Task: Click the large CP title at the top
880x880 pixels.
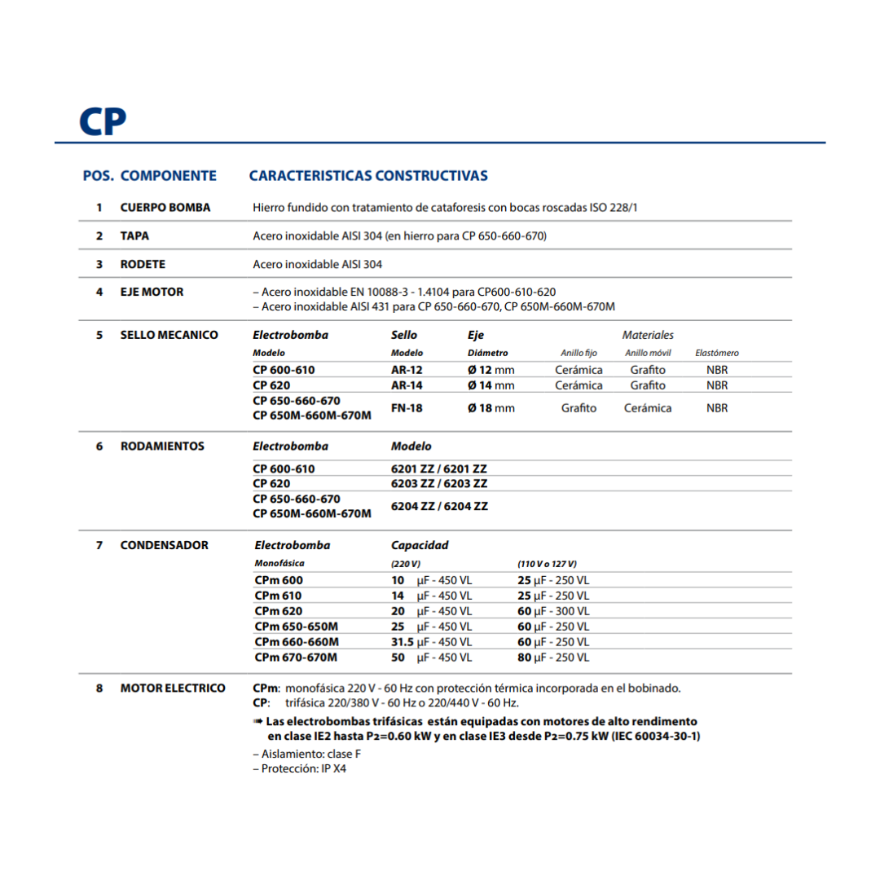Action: pyautogui.click(x=103, y=120)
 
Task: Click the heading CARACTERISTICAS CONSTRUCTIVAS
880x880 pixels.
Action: pyautogui.click(x=368, y=176)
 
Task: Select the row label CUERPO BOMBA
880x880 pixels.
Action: pyautogui.click(x=165, y=208)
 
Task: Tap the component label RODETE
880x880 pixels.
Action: pyautogui.click(x=143, y=264)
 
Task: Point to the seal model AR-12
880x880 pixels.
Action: pyautogui.click(x=407, y=370)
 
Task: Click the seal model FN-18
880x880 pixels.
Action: pyautogui.click(x=407, y=408)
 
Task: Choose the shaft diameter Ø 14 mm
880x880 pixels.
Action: pyautogui.click(x=491, y=385)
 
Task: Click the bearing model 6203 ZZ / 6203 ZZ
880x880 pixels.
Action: pyautogui.click(x=439, y=483)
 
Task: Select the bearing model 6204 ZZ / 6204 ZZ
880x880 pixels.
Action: pyautogui.click(x=439, y=506)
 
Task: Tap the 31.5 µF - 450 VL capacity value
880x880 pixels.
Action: pyautogui.click(x=431, y=642)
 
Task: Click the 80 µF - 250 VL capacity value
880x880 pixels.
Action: pyautogui.click(x=553, y=658)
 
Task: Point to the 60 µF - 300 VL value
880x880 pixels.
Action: pyautogui.click(x=553, y=611)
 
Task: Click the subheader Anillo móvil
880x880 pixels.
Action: pyautogui.click(x=648, y=354)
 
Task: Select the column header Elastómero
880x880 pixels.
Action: pyautogui.click(x=717, y=354)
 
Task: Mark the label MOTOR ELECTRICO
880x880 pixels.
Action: pyautogui.click(x=173, y=689)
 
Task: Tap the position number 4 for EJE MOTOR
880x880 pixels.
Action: pyautogui.click(x=99, y=292)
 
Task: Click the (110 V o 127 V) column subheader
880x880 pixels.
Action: pyautogui.click(x=547, y=564)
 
